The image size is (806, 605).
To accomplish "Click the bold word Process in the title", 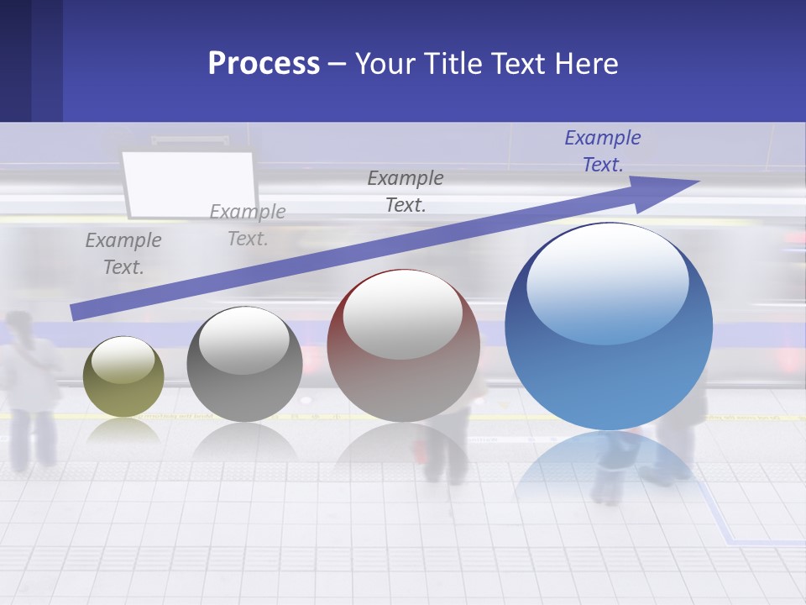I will [x=264, y=64].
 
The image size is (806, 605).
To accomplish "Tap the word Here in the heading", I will [x=585, y=64].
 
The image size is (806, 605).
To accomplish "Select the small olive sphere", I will [x=123, y=376].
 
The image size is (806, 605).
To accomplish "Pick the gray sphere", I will [x=244, y=365].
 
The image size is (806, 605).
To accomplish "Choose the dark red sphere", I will [x=403, y=346].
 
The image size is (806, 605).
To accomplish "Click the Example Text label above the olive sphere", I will [x=123, y=254].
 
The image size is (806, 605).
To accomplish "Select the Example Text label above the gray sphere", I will [x=248, y=225].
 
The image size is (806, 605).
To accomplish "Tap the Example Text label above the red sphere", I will [x=406, y=192].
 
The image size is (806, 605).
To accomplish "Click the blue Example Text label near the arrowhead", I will [x=603, y=151].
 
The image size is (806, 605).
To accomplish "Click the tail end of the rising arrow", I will [x=76, y=312].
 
